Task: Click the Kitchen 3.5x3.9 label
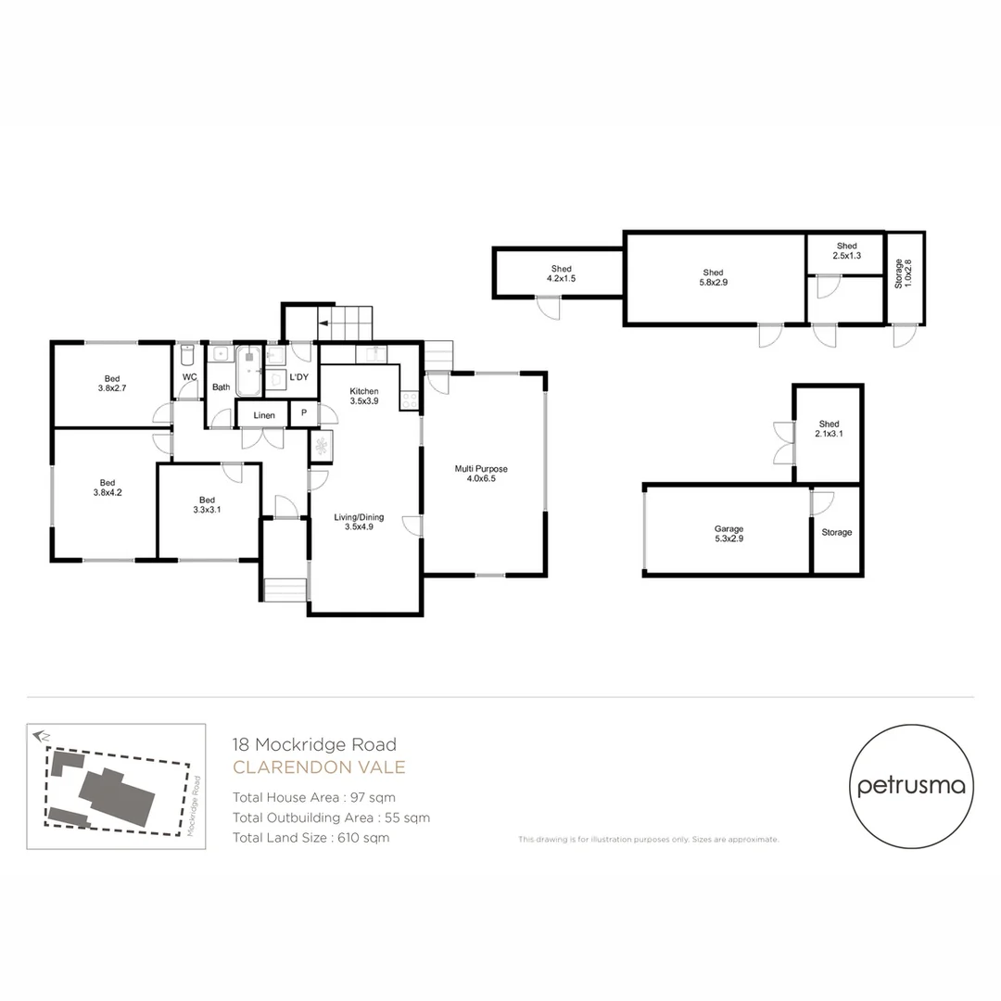coord(363,397)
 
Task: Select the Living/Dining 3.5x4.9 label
coord(363,523)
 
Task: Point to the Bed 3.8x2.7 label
coord(111,384)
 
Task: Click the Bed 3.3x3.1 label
coord(207,504)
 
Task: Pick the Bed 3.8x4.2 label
coord(108,488)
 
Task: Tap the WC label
coord(189,377)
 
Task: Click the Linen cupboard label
coord(263,416)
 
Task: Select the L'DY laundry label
coord(298,378)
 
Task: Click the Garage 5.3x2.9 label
coord(729,533)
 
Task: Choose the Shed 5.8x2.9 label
coord(713,277)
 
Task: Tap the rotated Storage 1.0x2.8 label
coord(904,275)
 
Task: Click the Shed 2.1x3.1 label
coord(829,429)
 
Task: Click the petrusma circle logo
coord(911,786)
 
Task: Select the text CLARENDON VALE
coord(319,767)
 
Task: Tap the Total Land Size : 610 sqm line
coord(310,838)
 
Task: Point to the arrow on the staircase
coord(324,324)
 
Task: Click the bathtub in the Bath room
coord(249,371)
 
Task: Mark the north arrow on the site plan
coord(40,736)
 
